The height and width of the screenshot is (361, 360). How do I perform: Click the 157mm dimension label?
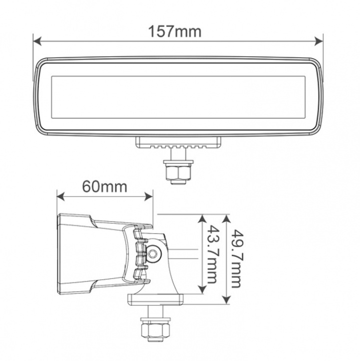175,32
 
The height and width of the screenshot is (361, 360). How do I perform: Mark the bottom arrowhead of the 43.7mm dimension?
202,290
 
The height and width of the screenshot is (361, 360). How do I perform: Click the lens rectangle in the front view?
179,96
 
